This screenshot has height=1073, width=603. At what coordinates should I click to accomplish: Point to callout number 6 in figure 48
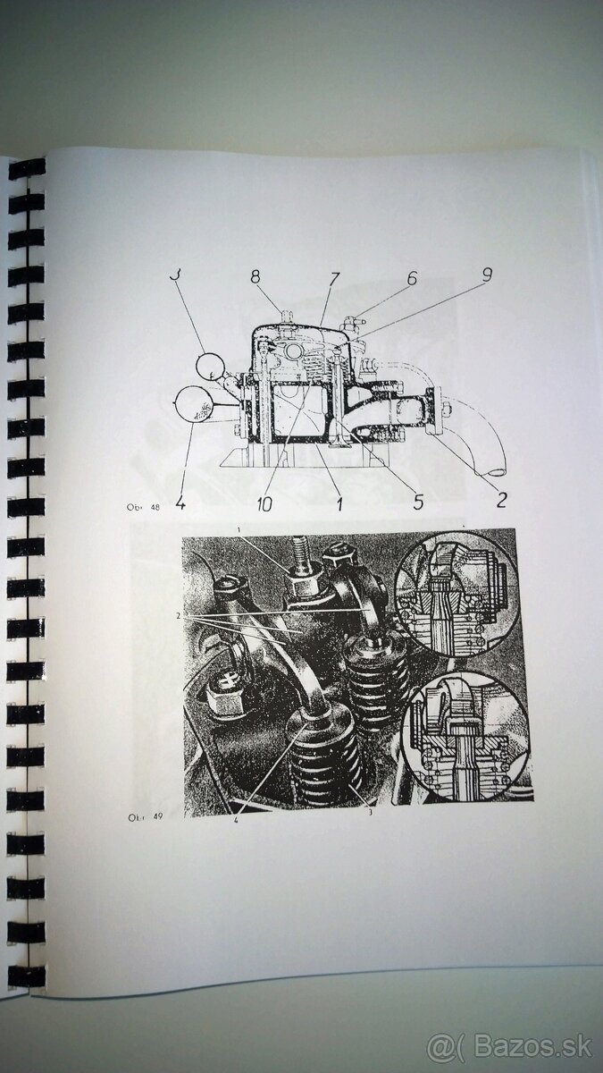(411, 279)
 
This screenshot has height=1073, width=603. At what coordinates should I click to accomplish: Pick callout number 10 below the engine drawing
(265, 504)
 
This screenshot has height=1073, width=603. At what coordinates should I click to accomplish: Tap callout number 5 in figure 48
(416, 501)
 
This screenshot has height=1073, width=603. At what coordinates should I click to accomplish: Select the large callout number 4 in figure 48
(180, 503)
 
